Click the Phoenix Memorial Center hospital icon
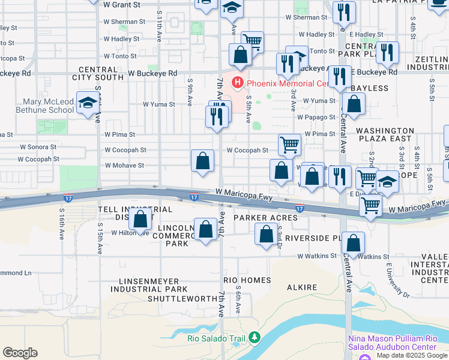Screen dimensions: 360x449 click(238, 82)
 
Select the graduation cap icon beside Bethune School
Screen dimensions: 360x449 click(88, 103)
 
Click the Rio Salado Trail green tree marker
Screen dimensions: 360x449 click(255, 338)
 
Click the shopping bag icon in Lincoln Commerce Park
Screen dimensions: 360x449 click(205, 230)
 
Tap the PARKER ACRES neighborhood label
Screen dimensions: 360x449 click(265, 217)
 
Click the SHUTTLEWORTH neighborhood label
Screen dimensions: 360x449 click(182, 298)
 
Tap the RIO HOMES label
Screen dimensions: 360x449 click(247, 280)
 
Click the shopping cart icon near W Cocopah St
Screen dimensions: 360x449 click(289, 145)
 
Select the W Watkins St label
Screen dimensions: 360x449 click(318, 256)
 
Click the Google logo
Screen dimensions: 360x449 click(20, 353)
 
